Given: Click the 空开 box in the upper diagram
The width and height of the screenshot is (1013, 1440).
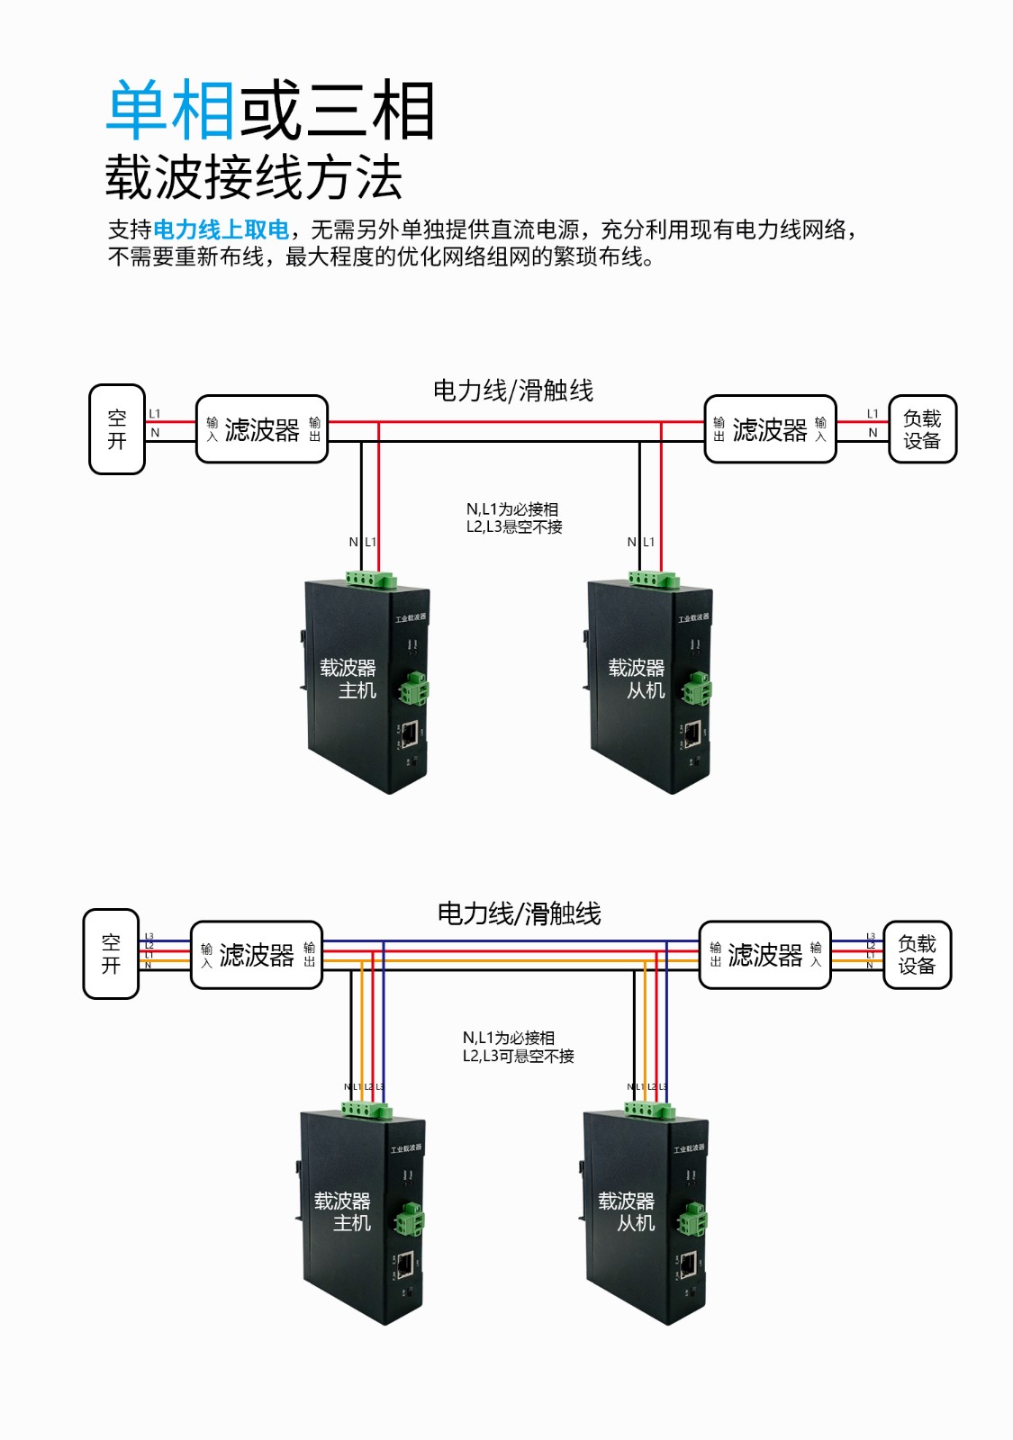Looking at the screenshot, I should click(x=117, y=429).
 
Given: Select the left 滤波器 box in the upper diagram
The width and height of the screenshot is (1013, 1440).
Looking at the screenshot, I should click(x=261, y=429).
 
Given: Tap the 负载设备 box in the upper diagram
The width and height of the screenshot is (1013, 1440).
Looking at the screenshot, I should click(x=922, y=429).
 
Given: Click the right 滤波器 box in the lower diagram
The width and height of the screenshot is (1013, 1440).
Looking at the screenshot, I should click(x=764, y=955).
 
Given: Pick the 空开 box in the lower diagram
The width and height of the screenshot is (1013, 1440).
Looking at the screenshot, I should click(x=111, y=954).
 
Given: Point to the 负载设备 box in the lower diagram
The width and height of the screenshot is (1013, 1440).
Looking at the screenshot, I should click(x=917, y=955).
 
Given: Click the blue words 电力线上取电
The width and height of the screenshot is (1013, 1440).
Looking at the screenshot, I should click(x=222, y=230).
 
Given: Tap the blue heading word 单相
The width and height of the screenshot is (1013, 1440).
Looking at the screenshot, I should click(x=171, y=111).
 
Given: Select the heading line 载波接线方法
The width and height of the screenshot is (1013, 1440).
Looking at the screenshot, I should click(x=254, y=177).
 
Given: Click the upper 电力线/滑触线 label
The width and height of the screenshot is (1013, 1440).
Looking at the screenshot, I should click(x=513, y=391).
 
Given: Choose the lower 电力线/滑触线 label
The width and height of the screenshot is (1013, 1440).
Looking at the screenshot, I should click(x=519, y=914).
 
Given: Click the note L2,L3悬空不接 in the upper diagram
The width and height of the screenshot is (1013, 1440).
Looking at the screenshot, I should click(x=514, y=527).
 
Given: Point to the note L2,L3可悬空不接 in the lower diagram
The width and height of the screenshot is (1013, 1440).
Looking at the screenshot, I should click(x=518, y=1057).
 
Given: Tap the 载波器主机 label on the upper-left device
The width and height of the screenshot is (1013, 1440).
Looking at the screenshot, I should click(x=348, y=679).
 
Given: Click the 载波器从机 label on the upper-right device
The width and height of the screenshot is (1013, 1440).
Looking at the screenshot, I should click(x=637, y=679).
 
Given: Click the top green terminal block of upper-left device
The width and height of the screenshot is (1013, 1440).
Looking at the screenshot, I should click(x=370, y=579).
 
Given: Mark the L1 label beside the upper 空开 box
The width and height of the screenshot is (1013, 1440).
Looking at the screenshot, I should click(x=155, y=414).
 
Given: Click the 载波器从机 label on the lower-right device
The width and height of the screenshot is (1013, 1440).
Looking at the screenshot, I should click(x=627, y=1211).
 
